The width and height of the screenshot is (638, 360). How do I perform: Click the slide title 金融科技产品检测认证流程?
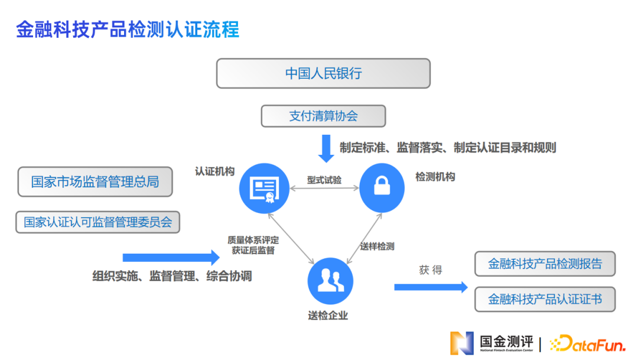tap(128, 30)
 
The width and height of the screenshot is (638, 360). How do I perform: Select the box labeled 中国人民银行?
tap(323, 73)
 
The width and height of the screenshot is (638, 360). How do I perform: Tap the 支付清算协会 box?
tap(323, 116)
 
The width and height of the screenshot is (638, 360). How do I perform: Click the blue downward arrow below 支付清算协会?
tap(326, 148)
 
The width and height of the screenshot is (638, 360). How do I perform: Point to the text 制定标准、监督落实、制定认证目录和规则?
tap(448, 148)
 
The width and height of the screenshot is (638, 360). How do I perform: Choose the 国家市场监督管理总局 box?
tap(95, 181)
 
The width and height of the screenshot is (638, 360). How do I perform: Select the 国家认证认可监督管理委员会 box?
tap(98, 222)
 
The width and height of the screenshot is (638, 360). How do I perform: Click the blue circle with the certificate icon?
tap(264, 188)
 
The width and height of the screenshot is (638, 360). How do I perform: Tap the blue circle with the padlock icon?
tap(382, 188)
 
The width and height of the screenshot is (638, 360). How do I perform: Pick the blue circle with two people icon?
tap(330, 281)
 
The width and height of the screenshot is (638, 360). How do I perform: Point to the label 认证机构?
tap(215, 171)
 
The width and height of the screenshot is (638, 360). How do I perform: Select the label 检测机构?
tap(435, 177)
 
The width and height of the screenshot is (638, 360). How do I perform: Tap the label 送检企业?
tap(328, 316)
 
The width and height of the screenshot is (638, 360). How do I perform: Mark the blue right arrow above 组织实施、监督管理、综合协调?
tap(171, 257)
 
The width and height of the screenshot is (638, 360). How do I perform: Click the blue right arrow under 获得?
tap(431, 287)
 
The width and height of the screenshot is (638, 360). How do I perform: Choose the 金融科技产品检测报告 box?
tap(545, 264)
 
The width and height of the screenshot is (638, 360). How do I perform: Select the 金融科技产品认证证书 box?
tap(545, 299)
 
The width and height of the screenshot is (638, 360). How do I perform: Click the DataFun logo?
tap(587, 343)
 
